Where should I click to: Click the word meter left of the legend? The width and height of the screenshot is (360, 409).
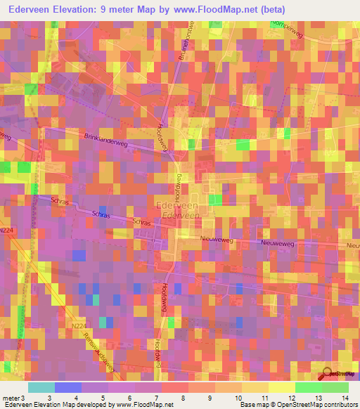coord(11,398)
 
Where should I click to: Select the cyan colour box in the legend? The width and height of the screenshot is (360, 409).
coord(41,387)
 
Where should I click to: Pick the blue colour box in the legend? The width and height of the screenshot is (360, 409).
coord(68,387)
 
